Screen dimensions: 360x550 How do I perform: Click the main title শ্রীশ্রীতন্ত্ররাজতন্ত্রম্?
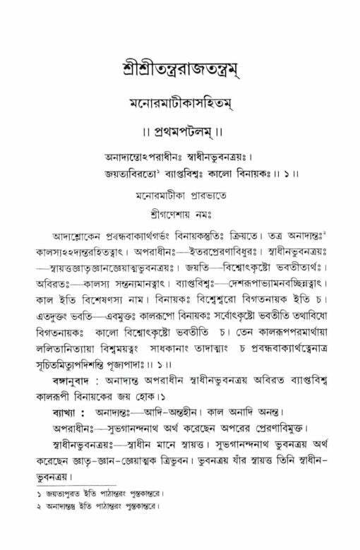point(180,71)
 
